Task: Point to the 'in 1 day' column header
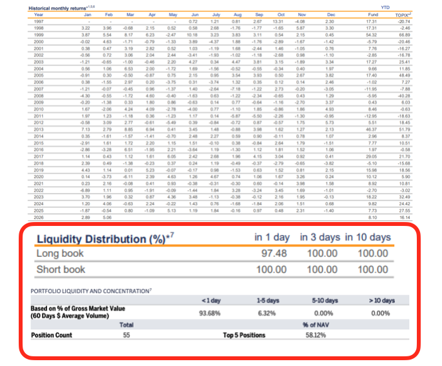pyautogui.click(x=272, y=237)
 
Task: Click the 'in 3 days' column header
pyautogui.click(x=321, y=237)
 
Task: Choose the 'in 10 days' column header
pyautogui.click(x=368, y=237)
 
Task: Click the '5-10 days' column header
pyautogui.click(x=321, y=301)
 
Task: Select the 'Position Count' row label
pyautogui.click(x=52, y=336)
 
